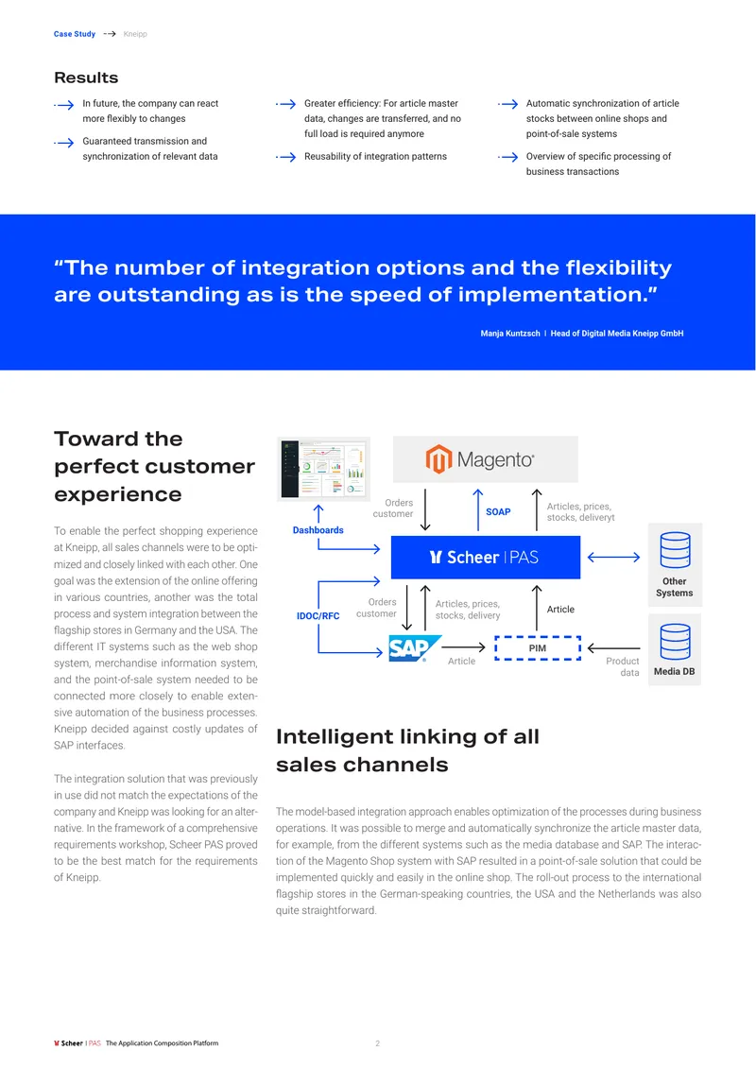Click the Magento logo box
click(485, 459)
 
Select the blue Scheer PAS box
click(486, 558)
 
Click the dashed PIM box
click(538, 648)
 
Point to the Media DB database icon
click(675, 642)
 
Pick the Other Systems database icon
click(675, 550)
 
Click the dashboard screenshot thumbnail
click(323, 469)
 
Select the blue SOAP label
click(498, 511)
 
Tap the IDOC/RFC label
click(318, 615)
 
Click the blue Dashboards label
click(318, 530)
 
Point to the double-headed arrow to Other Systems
click(613, 558)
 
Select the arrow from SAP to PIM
click(463, 647)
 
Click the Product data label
click(623, 667)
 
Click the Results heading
click(86, 78)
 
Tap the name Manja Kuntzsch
click(510, 333)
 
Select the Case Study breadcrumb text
click(75, 34)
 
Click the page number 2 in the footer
click(377, 1043)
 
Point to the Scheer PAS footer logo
click(77, 1042)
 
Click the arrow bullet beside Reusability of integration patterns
click(286, 157)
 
